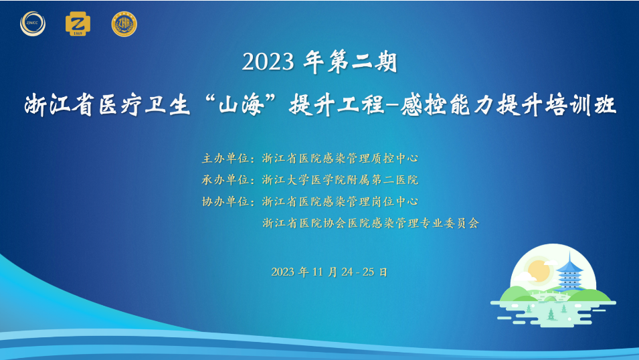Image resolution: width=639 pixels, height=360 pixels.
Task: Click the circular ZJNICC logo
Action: [x=33, y=24]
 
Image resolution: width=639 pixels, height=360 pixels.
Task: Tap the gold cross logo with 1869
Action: [x=78, y=24]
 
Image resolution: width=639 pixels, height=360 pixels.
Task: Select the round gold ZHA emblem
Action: [x=124, y=24]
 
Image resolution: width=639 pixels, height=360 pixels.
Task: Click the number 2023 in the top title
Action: [x=268, y=62]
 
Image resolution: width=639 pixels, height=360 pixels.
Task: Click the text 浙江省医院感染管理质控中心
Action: [x=341, y=159]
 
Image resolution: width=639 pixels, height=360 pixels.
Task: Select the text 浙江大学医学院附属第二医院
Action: [x=341, y=180]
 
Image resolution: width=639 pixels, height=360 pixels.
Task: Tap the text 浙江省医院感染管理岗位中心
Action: [x=341, y=201]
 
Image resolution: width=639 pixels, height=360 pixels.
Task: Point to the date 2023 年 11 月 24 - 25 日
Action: [x=329, y=272]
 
